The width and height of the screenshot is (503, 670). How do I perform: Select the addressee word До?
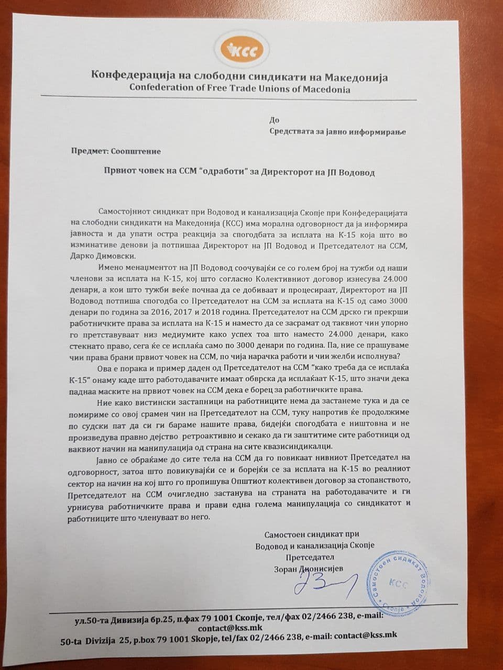point(275,120)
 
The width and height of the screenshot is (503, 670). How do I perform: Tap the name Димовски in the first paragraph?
point(115,256)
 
